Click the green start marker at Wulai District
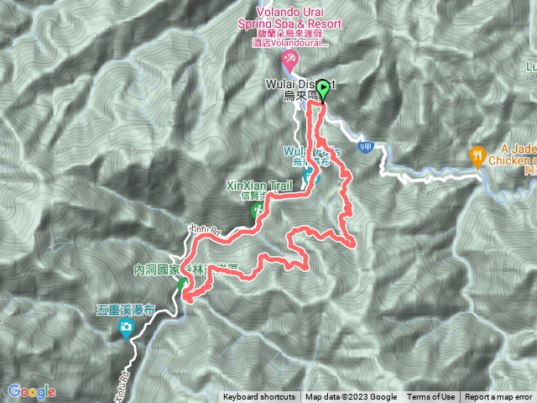click(323, 87)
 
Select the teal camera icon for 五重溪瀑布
click(126, 326)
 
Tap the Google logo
click(32, 391)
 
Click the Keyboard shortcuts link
click(258, 397)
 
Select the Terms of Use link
click(431, 397)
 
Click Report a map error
click(498, 397)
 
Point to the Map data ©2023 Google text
click(351, 397)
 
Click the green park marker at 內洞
click(182, 284)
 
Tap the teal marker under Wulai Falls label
click(309, 177)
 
